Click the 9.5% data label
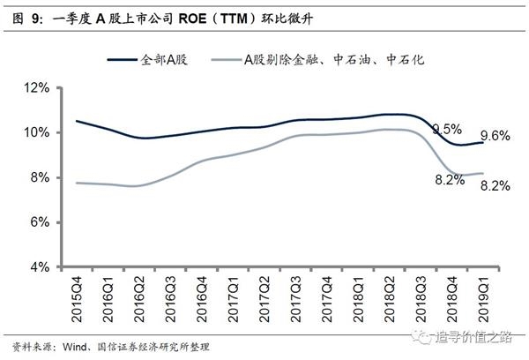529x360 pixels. click(448, 130)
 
